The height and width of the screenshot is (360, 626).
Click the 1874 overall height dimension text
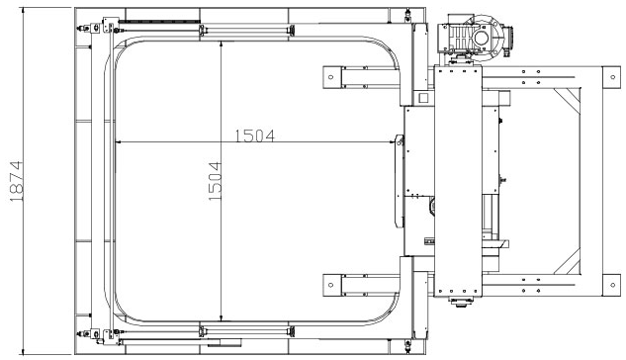17,181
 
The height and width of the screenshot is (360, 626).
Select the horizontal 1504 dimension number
255,135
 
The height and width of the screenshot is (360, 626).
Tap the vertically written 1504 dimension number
215,181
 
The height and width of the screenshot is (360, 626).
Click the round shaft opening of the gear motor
481,38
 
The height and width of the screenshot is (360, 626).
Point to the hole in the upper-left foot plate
330,77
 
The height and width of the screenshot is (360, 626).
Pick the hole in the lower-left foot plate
330,285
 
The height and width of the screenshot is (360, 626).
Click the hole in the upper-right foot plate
613,77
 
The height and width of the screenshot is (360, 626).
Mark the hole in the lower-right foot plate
613,285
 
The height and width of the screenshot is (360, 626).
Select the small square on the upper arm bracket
423,98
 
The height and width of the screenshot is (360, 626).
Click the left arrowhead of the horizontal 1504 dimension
118,141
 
